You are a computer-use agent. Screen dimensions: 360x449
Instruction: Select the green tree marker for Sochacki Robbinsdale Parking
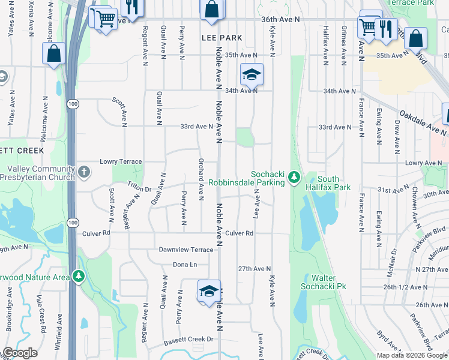point(294,177)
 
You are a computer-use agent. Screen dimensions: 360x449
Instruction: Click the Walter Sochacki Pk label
point(327,282)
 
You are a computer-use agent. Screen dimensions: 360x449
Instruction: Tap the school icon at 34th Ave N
point(252,74)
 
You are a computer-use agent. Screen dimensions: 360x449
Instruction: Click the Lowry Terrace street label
point(122,162)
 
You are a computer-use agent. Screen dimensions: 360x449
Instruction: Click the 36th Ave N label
point(280,20)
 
